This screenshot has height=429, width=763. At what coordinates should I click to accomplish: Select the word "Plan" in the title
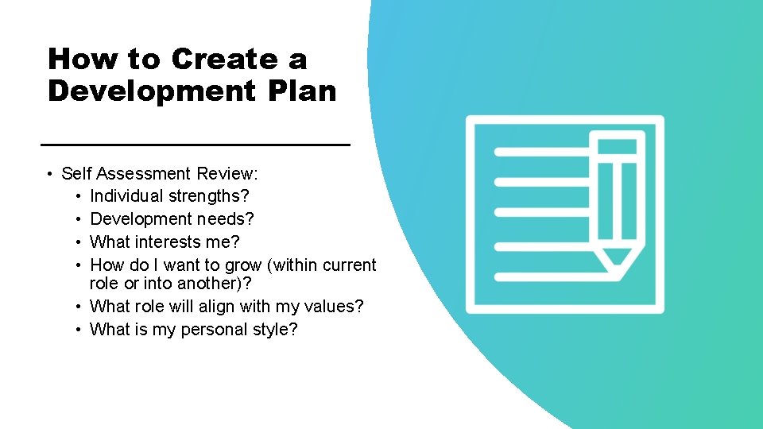pyautogui.click(x=303, y=91)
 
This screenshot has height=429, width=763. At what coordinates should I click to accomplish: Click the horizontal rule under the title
pyautogui.click(x=195, y=145)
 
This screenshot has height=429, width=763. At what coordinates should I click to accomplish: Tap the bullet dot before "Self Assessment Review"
pyautogui.click(x=49, y=174)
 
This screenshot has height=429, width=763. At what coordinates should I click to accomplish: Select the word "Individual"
pyautogui.click(x=126, y=195)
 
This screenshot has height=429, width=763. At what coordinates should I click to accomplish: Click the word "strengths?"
pyautogui.click(x=209, y=195)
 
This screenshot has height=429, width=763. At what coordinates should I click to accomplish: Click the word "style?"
pyautogui.click(x=272, y=329)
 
